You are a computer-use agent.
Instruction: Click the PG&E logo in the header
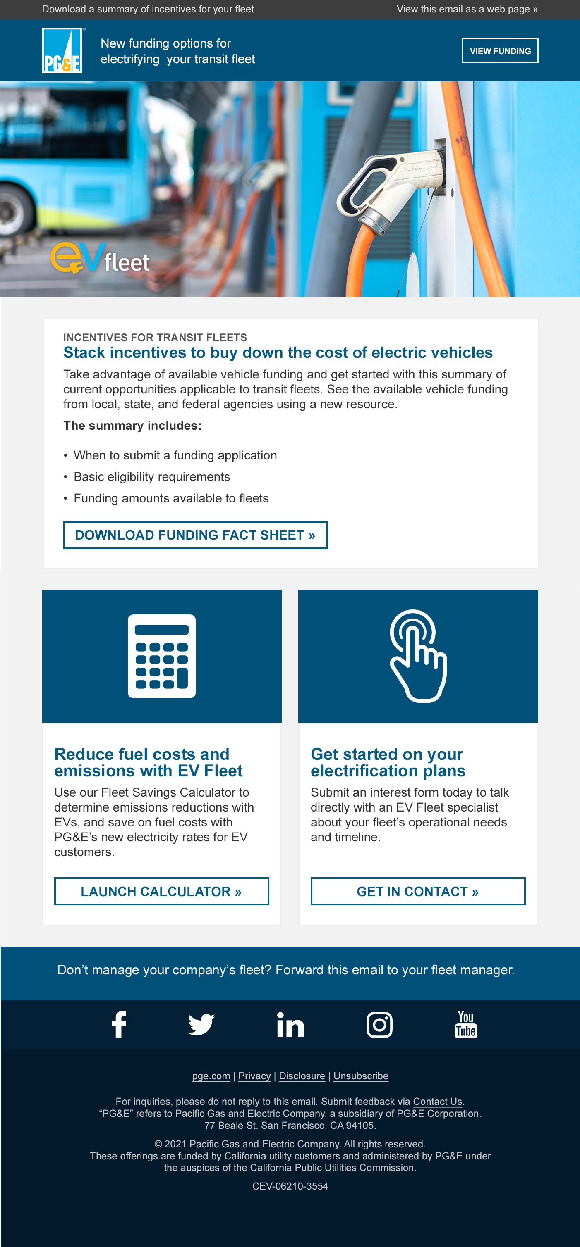click(x=62, y=50)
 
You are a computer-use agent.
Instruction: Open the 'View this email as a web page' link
click(x=467, y=9)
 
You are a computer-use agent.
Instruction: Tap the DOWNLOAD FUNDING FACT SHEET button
click(x=195, y=535)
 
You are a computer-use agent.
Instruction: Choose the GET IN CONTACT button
click(x=418, y=891)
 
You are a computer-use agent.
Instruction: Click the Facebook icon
click(x=119, y=1024)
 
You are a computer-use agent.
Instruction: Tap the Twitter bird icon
click(x=201, y=1024)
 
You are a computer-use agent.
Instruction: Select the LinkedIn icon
click(x=290, y=1024)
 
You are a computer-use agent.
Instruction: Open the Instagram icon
click(x=379, y=1024)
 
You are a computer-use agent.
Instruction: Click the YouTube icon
click(x=466, y=1024)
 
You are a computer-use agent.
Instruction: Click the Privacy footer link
click(x=254, y=1076)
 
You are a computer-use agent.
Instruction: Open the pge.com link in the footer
click(x=211, y=1076)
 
